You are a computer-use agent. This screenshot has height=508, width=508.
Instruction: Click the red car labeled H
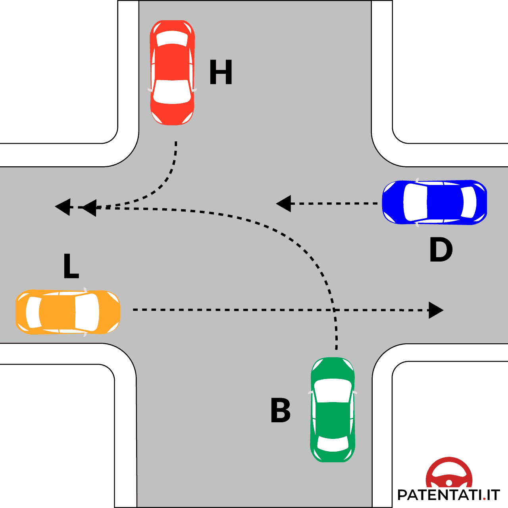tap(172, 73)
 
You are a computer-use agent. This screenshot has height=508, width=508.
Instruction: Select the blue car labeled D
tap(434, 202)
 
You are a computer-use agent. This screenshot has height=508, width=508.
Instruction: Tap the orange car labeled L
tap(67, 312)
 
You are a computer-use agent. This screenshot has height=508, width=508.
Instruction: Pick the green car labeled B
tap(333, 410)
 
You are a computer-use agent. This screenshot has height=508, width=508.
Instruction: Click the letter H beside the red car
tap(221, 73)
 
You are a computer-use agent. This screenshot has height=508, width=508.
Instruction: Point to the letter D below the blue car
tap(441, 250)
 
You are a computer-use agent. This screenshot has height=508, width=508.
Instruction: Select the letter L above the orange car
tap(71, 266)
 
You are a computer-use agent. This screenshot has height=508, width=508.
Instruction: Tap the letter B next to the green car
tap(281, 410)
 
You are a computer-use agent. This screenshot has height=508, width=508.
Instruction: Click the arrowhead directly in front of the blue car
tap(284, 204)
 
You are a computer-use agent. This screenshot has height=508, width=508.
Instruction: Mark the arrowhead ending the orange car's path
tap(436, 310)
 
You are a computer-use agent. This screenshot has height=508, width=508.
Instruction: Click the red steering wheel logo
tap(449, 473)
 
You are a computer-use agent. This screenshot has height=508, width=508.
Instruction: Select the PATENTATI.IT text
tap(448, 495)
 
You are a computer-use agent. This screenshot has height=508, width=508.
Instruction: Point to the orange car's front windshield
tap(87, 312)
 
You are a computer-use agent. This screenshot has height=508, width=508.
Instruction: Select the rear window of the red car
tap(172, 39)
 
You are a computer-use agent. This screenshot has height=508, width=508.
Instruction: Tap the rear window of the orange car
tap(33, 312)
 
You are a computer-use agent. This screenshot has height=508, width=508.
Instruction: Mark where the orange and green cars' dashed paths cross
tap(335, 310)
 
